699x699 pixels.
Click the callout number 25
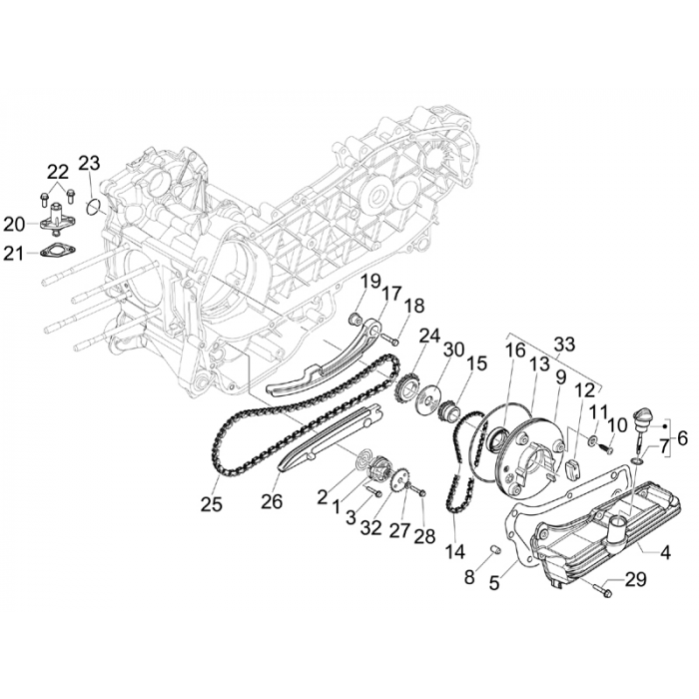tap(212, 504)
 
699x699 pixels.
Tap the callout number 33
tap(564, 345)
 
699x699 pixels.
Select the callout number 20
tap(15, 225)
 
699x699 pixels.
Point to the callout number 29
tap(635, 579)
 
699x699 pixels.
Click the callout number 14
tap(455, 552)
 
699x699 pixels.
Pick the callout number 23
tap(89, 163)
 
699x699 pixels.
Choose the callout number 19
tap(370, 282)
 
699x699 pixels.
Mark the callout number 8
tap(469, 577)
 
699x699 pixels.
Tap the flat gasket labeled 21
tap(58, 250)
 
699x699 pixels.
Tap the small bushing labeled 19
tap(353, 319)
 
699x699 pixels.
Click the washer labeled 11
tap(593, 440)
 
